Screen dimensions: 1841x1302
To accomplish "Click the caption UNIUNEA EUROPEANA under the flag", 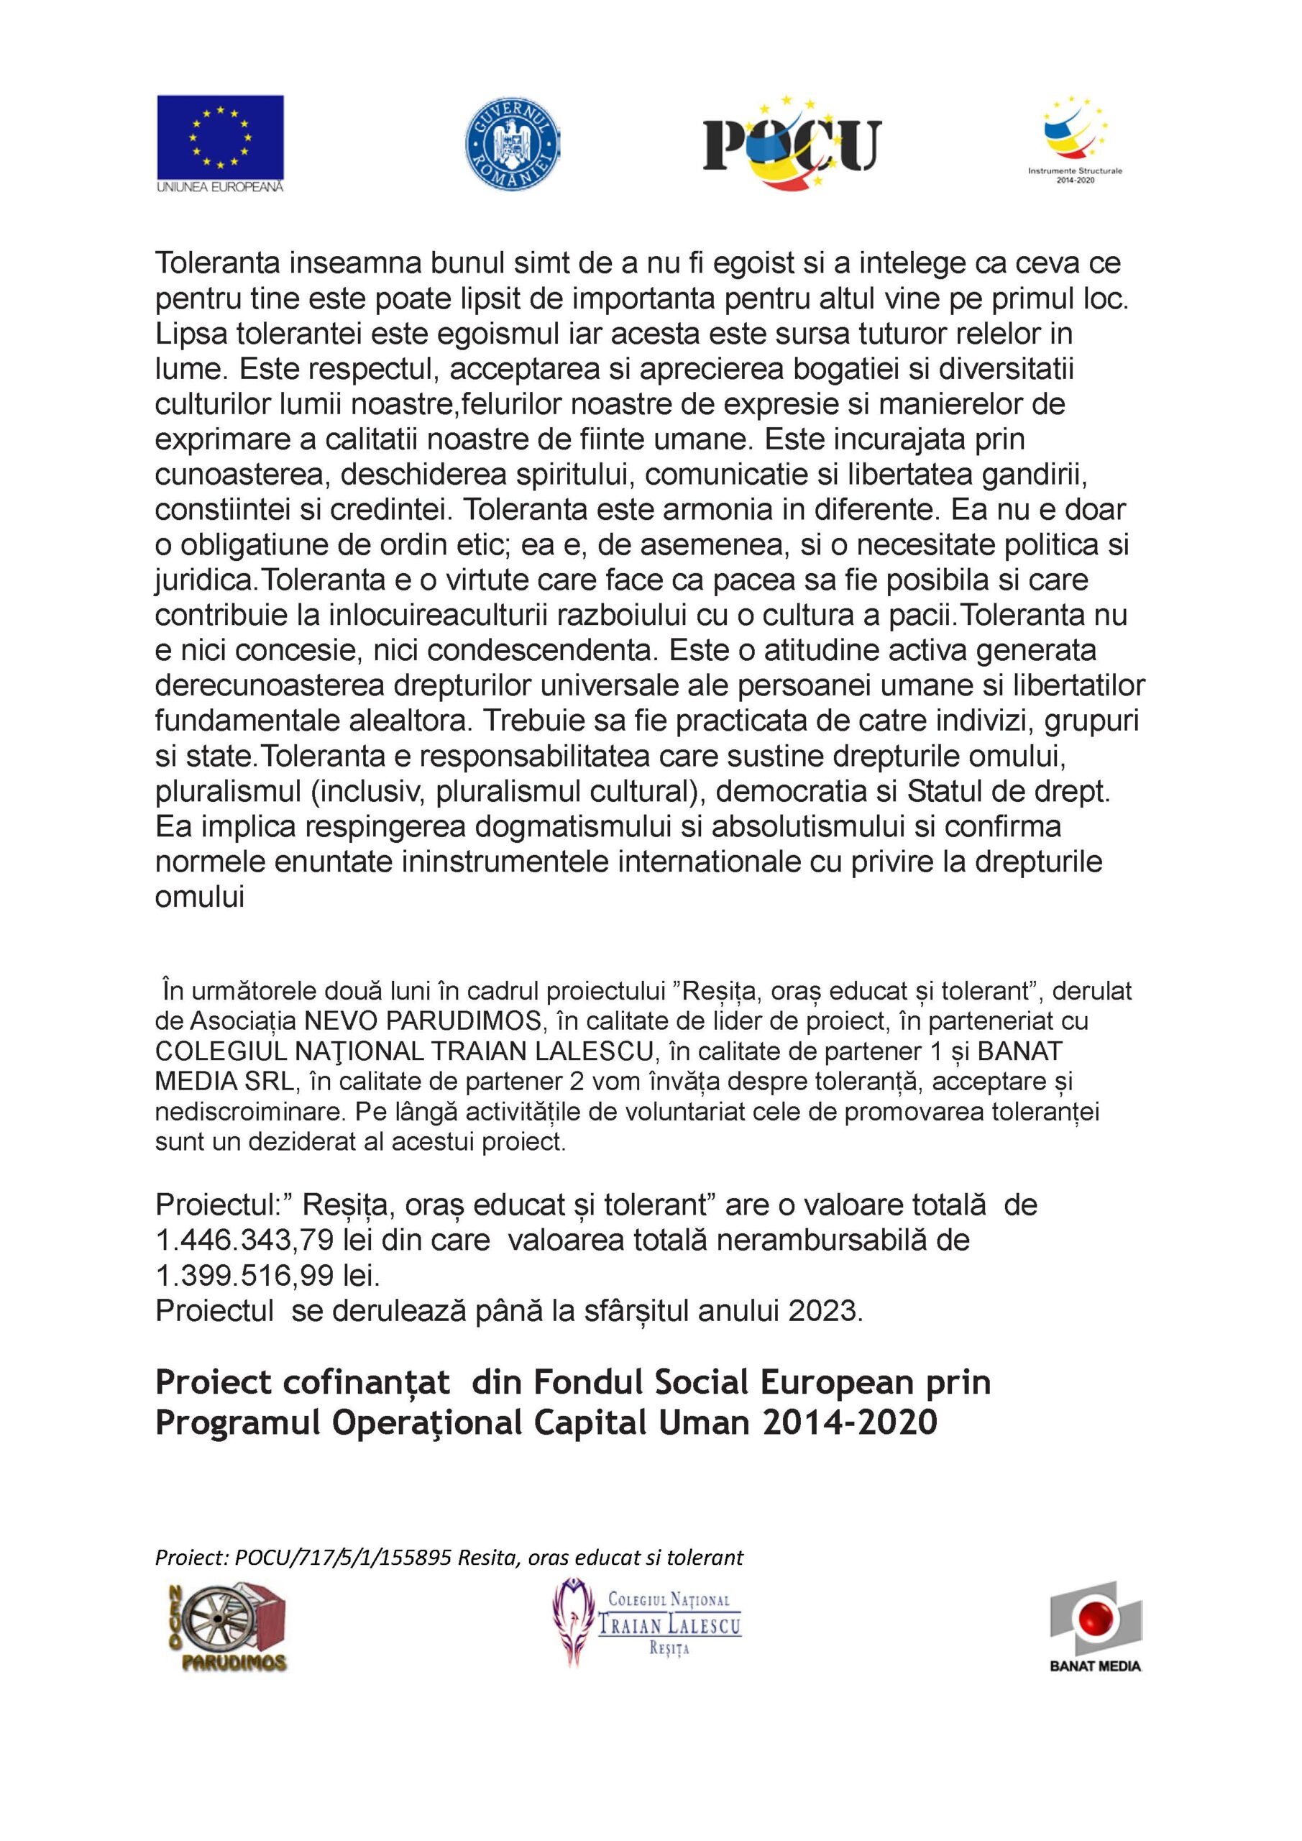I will pyautogui.click(x=220, y=187).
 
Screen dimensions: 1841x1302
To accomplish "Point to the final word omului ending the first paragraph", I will pyautogui.click(x=199, y=897).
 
